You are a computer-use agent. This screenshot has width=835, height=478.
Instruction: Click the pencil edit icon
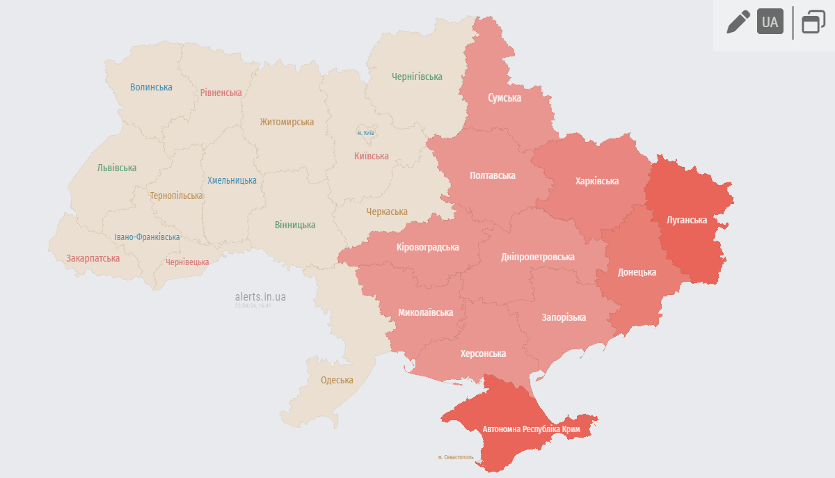click(738, 22)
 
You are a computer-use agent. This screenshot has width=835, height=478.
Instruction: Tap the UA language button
click(770, 22)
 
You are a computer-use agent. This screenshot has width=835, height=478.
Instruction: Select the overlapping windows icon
click(813, 22)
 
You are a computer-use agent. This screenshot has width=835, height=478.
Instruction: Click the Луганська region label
click(686, 220)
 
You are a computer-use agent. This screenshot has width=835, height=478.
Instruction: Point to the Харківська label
click(597, 181)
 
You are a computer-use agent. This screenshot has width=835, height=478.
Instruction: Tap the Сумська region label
click(504, 98)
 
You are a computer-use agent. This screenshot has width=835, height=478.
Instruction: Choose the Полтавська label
click(493, 175)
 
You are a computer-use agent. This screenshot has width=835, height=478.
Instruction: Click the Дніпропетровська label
click(538, 257)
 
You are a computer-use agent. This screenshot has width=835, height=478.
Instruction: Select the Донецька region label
click(637, 272)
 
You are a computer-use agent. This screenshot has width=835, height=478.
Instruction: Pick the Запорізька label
click(564, 317)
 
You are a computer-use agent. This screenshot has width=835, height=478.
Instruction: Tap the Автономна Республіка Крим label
click(532, 429)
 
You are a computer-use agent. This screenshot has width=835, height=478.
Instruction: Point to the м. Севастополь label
click(456, 457)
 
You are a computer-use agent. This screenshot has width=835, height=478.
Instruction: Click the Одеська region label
click(337, 380)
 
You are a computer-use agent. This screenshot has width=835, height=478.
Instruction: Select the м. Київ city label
click(365, 132)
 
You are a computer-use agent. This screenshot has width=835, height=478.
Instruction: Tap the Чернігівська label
click(417, 77)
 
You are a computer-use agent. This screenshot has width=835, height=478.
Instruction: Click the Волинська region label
click(151, 87)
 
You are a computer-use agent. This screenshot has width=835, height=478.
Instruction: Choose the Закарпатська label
click(93, 258)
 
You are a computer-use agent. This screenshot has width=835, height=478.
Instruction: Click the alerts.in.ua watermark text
click(260, 297)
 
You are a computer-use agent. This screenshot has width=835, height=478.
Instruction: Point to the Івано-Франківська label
click(147, 237)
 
